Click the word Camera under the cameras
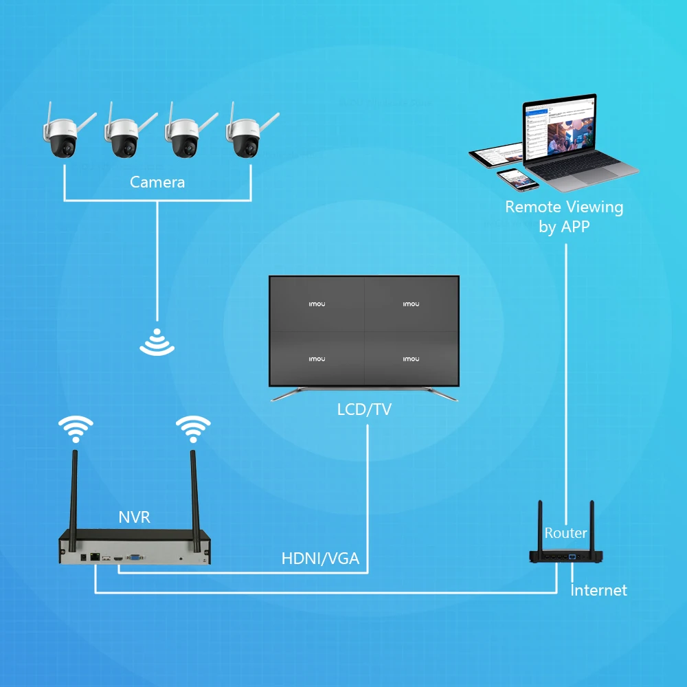pyautogui.click(x=157, y=182)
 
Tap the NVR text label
pyautogui.click(x=134, y=517)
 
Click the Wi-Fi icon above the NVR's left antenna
pyautogui.click(x=74, y=430)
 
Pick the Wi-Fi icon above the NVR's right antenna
pyautogui.click(x=193, y=430)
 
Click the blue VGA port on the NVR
pyautogui.click(x=135, y=559)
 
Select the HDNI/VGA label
pyautogui.click(x=320, y=558)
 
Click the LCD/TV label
pyautogui.click(x=364, y=410)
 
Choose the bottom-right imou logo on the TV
pyautogui.click(x=411, y=359)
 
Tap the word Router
pyautogui.click(x=565, y=533)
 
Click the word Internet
pyautogui.click(x=599, y=590)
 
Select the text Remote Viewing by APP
pyautogui.click(x=564, y=216)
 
